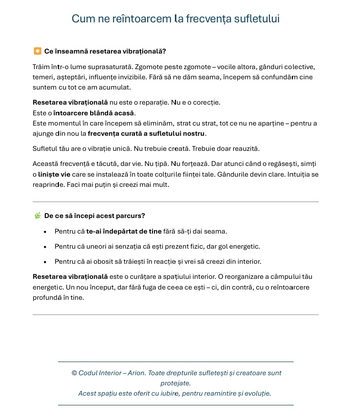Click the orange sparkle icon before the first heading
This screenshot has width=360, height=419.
[38, 51]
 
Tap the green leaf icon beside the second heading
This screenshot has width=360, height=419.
[38, 216]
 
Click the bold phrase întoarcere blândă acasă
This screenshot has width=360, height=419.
[94, 113]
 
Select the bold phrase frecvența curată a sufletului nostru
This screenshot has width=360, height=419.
[147, 133]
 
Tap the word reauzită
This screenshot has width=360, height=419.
[252, 148]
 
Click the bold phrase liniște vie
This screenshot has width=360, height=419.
[55, 174]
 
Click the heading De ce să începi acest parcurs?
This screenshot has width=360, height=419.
[95, 216]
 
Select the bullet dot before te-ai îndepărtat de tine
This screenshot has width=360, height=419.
[45, 232]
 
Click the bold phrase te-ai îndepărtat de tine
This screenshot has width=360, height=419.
[124, 231]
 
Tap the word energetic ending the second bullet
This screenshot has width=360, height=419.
[244, 246]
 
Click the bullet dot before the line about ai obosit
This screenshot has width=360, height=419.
[45, 262]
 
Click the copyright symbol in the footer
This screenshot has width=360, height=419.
[75, 373]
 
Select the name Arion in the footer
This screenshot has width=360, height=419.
[136, 373]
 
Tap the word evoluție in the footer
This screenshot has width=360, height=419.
[255, 393]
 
